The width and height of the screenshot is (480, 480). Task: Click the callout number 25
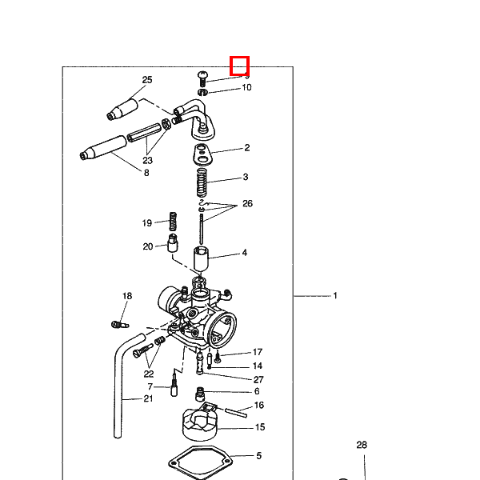pos(147,80)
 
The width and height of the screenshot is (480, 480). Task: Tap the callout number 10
pos(246,87)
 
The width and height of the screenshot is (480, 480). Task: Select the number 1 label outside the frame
pos(335,296)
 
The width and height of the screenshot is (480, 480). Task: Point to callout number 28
pos(362,445)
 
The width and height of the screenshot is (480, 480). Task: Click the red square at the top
pos(240,66)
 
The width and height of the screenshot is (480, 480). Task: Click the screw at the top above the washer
pos(202,78)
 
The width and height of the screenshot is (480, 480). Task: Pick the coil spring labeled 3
pos(202,182)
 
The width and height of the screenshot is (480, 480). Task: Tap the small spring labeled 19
pos(174,222)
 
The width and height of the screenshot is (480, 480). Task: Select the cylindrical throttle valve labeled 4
pos(201,258)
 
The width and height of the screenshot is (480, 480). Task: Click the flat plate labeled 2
pos(202,154)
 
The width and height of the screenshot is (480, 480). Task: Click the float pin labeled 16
pos(236,413)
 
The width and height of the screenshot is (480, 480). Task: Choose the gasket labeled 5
pos(199,462)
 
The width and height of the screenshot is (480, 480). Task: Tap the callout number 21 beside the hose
pos(149,398)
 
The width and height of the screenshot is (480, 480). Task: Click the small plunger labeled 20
pos(173,243)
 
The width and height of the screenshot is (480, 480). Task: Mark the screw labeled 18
pos(120,325)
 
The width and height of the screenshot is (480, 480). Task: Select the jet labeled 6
pos(200,394)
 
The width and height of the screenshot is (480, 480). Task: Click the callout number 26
pos(247,203)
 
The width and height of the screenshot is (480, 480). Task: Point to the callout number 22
pos(149,374)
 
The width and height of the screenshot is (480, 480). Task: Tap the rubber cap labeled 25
pos(122,110)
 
